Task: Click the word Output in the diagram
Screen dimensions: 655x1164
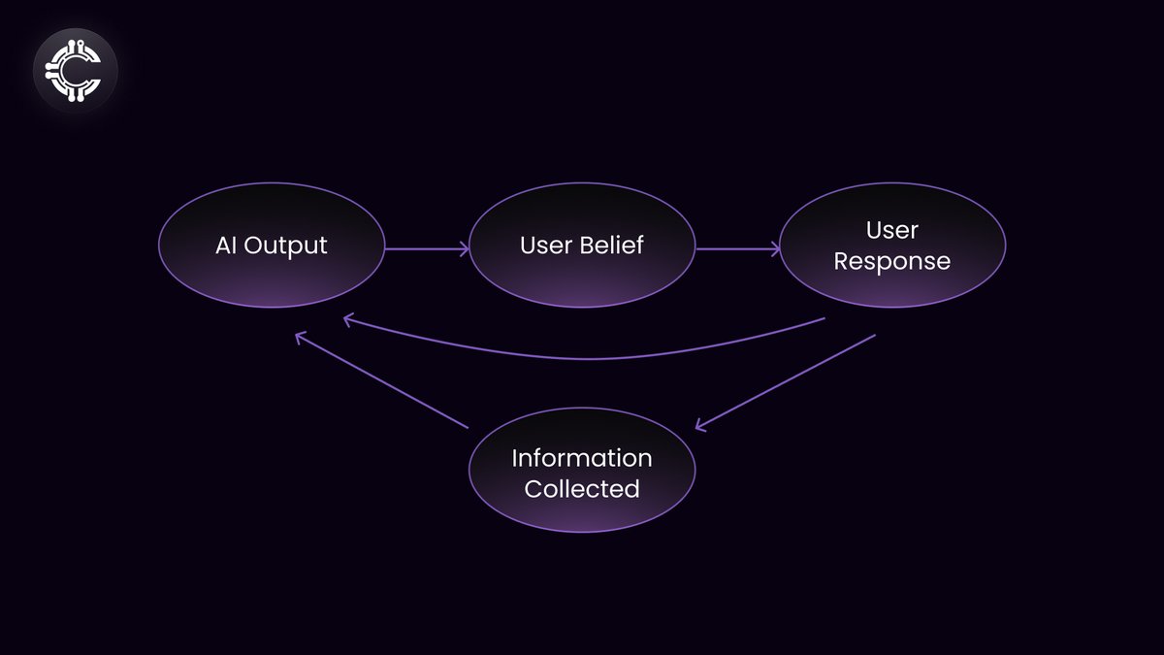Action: (x=286, y=246)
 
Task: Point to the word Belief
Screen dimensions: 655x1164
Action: (x=612, y=246)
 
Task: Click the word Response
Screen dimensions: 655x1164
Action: (x=892, y=262)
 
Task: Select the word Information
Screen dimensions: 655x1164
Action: (x=582, y=457)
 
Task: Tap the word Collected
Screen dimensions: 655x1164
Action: (x=582, y=488)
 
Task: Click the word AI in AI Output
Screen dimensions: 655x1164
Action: (x=226, y=246)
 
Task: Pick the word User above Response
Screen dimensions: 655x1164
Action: (x=892, y=230)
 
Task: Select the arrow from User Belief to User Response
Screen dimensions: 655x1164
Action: (x=736, y=249)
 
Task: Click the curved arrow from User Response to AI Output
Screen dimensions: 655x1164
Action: (x=582, y=358)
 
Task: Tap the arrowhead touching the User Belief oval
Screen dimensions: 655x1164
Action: (x=464, y=249)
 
